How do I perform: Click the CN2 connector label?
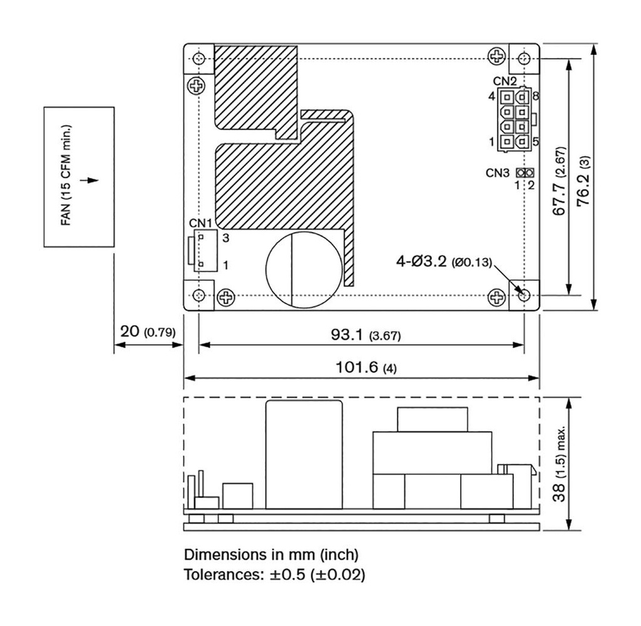[x=505, y=81]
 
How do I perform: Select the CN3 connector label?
[x=498, y=173]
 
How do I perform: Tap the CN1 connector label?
[x=200, y=223]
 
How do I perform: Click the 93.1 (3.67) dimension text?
[x=366, y=335]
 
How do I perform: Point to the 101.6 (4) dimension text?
[x=366, y=367]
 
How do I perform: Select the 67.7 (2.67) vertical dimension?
[x=559, y=180]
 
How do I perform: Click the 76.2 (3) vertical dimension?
[x=583, y=180]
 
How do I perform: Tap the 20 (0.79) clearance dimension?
[x=148, y=331]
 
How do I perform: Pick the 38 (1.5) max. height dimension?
[x=559, y=463]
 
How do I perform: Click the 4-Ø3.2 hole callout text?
[x=444, y=261]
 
